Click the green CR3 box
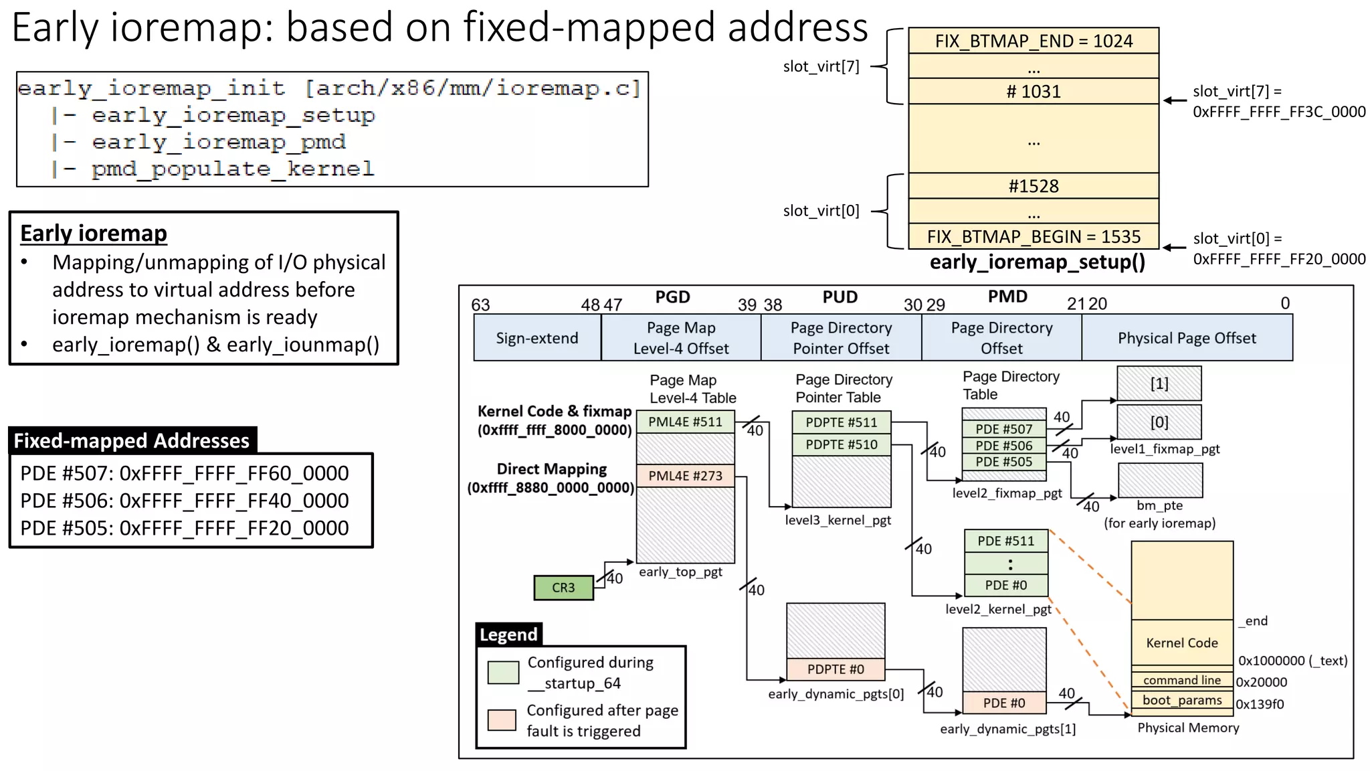563,588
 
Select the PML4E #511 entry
685,422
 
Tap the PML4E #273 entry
685,476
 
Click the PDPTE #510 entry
841,444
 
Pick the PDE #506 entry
1003,446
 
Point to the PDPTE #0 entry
836,669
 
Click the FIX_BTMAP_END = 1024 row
1033,41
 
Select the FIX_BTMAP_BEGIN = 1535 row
1033,236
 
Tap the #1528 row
1033,186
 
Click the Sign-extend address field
536,338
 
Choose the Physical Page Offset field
1186,338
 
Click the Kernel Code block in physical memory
1181,642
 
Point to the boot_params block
1181,700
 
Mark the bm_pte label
1159,505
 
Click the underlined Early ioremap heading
94,233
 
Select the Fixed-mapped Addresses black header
132,440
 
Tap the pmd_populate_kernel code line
232,169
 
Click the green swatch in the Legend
503,672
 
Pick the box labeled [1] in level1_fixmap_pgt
1159,383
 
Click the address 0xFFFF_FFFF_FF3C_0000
1278,112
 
